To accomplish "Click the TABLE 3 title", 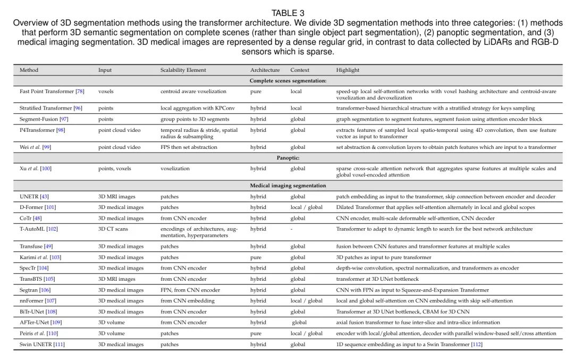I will (x=288, y=13).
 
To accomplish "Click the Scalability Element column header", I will (x=183, y=70).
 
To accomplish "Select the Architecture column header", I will (x=265, y=70).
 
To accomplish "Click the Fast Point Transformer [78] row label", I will (x=52, y=91).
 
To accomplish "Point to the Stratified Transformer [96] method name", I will (x=50, y=108).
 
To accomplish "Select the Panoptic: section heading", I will (x=288, y=158).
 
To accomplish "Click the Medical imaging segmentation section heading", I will (x=288, y=186).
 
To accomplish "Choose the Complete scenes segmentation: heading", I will (x=288, y=81).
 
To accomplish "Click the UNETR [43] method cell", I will (x=34, y=197).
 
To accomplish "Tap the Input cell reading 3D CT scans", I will (x=113, y=229).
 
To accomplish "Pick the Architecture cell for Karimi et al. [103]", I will (x=256, y=257).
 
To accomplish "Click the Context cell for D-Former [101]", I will (x=306, y=207).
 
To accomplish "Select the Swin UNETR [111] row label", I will (x=42, y=345).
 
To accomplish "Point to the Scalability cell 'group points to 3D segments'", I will (x=195, y=119).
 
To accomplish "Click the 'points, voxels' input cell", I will (x=114, y=169).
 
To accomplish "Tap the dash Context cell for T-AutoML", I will (x=291, y=229).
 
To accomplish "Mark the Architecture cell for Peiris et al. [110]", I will (x=256, y=334).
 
